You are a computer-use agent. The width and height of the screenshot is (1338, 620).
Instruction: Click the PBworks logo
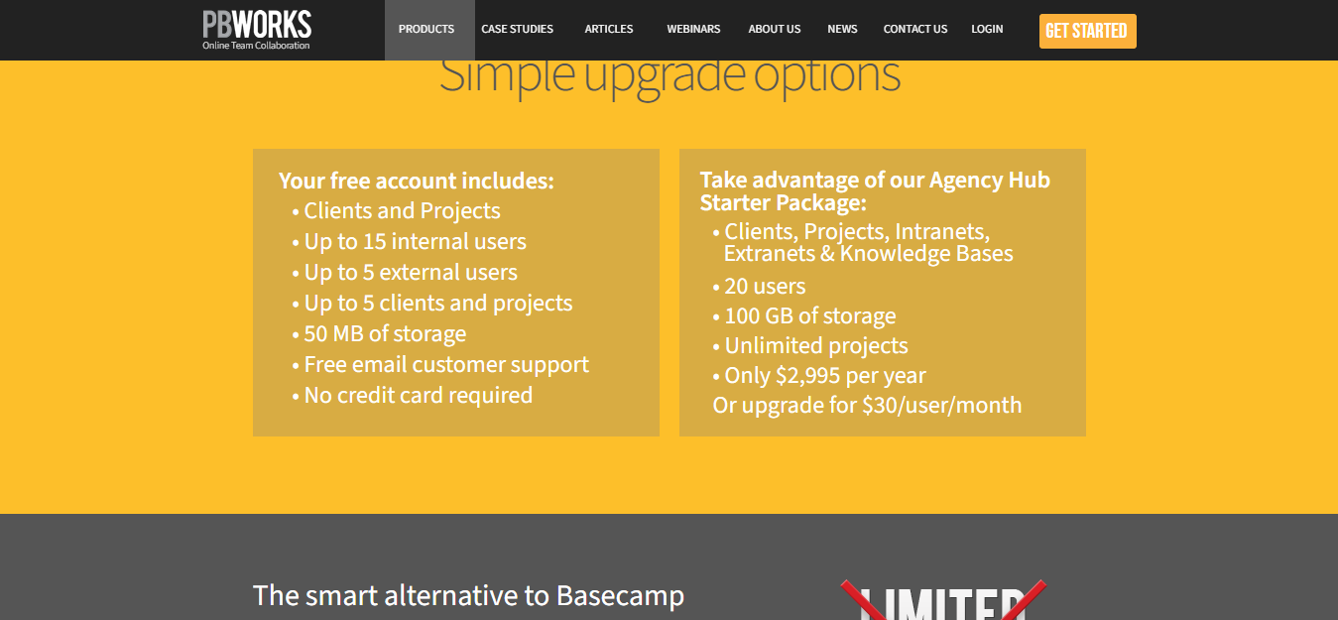257,30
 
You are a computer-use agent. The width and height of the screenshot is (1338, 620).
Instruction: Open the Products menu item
426,29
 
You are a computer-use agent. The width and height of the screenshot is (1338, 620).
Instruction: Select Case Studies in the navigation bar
518,29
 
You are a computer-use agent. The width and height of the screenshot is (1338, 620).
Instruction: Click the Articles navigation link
609,29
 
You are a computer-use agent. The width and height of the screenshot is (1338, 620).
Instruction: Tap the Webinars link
693,29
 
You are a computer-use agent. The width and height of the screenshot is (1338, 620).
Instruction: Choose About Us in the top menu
774,29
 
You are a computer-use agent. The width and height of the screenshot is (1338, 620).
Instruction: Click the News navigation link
842,29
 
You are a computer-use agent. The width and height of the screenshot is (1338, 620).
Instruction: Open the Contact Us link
915,29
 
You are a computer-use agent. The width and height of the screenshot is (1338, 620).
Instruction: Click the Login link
987,29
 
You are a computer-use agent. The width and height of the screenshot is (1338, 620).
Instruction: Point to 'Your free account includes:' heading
417,181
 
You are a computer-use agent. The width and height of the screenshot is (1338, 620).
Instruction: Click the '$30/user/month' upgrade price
942,405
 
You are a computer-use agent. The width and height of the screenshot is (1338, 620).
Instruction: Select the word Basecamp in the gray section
620,596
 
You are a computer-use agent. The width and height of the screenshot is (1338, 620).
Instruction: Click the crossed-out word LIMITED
943,602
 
